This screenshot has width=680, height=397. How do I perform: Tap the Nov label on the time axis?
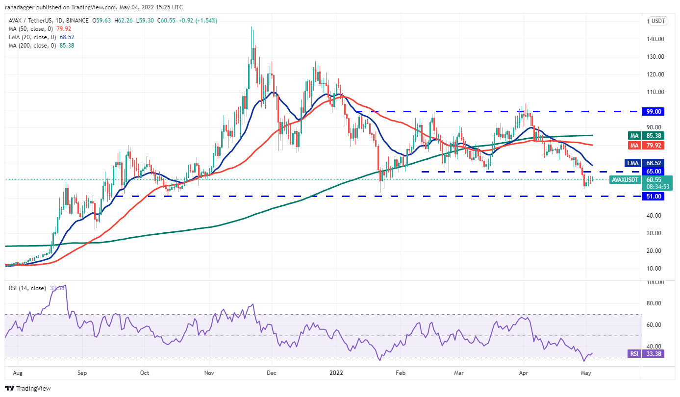point(209,373)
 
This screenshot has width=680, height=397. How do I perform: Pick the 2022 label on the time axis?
point(336,373)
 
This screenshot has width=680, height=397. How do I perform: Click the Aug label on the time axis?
point(18,373)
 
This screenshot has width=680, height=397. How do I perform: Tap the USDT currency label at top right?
point(659,21)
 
